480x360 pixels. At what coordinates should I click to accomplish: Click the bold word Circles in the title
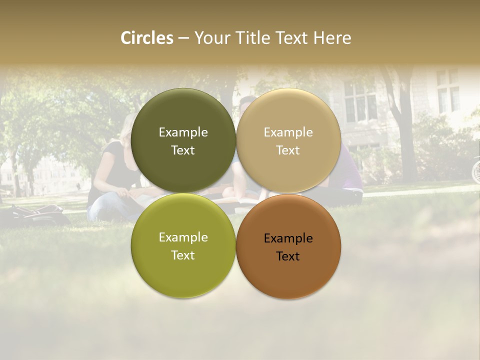[147, 38]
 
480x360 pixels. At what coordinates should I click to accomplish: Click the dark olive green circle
[183, 140]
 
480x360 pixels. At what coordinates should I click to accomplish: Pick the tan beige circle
[288, 140]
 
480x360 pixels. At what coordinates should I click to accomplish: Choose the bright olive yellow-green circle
[183, 245]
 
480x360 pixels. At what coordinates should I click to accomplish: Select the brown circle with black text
[288, 246]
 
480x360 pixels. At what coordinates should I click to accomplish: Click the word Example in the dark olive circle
[183, 132]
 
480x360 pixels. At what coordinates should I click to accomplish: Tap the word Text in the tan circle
[288, 150]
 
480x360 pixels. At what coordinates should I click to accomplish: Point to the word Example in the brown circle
[288, 238]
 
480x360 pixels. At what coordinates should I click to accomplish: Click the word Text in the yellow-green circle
[183, 255]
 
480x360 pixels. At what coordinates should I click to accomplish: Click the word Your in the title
[211, 38]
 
